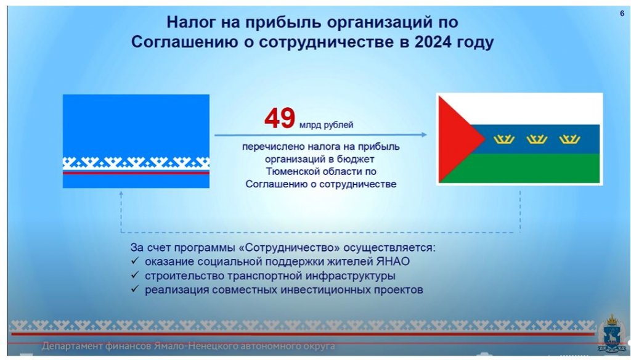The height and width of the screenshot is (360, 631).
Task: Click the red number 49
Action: click(x=280, y=118)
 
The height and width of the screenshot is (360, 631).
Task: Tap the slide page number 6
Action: click(x=622, y=14)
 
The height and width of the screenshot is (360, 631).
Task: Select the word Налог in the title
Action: click(x=191, y=22)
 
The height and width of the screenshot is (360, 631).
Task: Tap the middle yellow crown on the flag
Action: click(x=537, y=139)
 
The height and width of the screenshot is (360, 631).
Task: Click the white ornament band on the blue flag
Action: click(x=136, y=163)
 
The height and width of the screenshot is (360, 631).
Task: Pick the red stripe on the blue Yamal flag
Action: click(x=136, y=173)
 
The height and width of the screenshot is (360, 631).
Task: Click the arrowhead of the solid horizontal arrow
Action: click(x=424, y=135)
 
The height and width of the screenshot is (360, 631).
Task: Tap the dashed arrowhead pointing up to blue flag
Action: click(x=121, y=194)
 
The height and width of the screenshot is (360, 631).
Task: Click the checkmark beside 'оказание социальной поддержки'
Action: click(x=135, y=261)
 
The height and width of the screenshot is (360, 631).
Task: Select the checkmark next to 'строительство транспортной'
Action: click(x=135, y=275)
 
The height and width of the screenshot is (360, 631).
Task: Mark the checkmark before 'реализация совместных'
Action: click(x=135, y=289)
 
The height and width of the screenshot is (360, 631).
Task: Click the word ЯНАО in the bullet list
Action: click(x=393, y=262)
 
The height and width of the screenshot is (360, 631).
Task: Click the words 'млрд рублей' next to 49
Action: click(x=327, y=125)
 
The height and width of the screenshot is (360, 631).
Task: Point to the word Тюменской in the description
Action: click(x=290, y=171)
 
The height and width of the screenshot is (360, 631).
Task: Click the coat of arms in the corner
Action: click(x=612, y=333)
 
